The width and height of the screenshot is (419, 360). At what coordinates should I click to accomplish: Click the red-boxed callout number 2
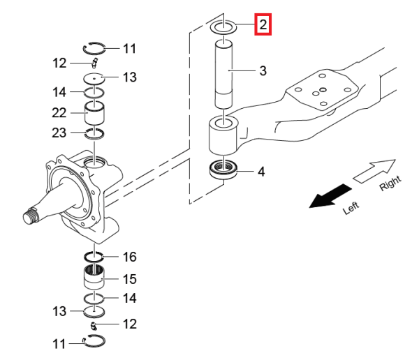[262, 26]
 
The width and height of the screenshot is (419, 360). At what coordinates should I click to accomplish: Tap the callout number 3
[263, 70]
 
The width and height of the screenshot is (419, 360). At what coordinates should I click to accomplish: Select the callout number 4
[261, 170]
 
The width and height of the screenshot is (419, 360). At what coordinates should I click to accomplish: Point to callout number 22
[59, 112]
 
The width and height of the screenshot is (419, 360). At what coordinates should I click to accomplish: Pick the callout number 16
[129, 257]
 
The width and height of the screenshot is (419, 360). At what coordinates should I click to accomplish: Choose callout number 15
[129, 279]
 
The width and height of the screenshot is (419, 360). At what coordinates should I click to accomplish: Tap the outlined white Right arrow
[374, 170]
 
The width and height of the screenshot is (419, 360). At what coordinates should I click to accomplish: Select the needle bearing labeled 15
[94, 278]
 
